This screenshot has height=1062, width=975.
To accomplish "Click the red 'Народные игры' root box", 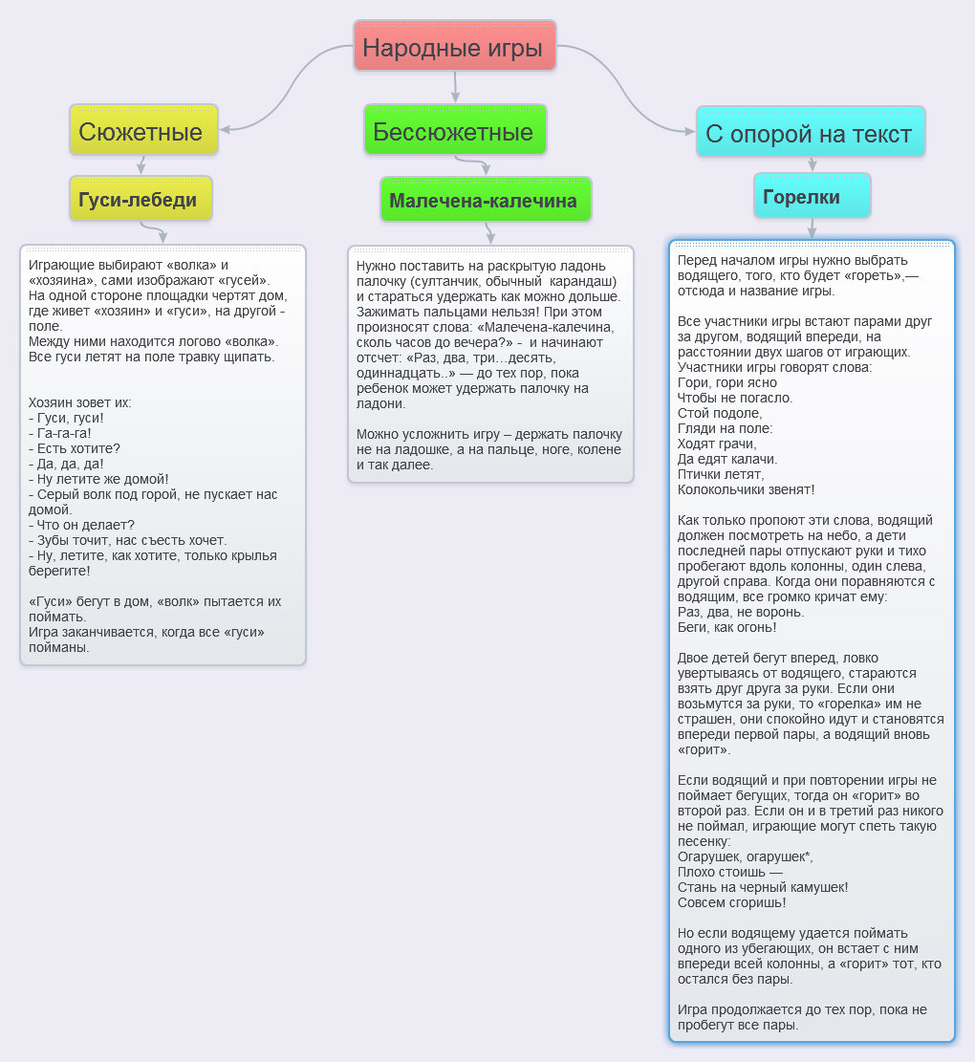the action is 454,45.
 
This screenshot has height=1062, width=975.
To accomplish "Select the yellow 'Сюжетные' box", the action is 143,129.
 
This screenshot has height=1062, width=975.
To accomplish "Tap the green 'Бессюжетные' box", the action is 455,129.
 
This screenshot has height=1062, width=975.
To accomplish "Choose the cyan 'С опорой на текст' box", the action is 811,131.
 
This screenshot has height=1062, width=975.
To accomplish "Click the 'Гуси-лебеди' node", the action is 141,199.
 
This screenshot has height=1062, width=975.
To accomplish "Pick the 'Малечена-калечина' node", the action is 486,199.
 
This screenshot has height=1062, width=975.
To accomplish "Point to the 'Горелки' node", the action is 812,195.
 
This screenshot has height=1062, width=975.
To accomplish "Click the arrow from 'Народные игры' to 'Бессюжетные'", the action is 455,86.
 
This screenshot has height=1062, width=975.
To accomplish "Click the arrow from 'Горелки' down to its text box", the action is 812,228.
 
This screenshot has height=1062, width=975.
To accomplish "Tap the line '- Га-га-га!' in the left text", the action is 59,433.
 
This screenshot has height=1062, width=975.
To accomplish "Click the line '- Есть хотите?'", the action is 75,448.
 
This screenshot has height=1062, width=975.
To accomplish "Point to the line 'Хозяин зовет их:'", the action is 80,402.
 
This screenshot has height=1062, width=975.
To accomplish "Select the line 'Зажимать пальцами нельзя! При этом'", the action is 480,312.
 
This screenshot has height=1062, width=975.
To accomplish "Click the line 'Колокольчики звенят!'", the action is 747,489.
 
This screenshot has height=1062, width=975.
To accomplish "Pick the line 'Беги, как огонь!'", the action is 727,627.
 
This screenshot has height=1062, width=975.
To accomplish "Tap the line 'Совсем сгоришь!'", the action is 732,902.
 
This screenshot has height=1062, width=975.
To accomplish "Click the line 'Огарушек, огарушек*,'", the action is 746,856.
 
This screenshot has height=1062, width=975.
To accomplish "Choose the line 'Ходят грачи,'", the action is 717,444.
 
